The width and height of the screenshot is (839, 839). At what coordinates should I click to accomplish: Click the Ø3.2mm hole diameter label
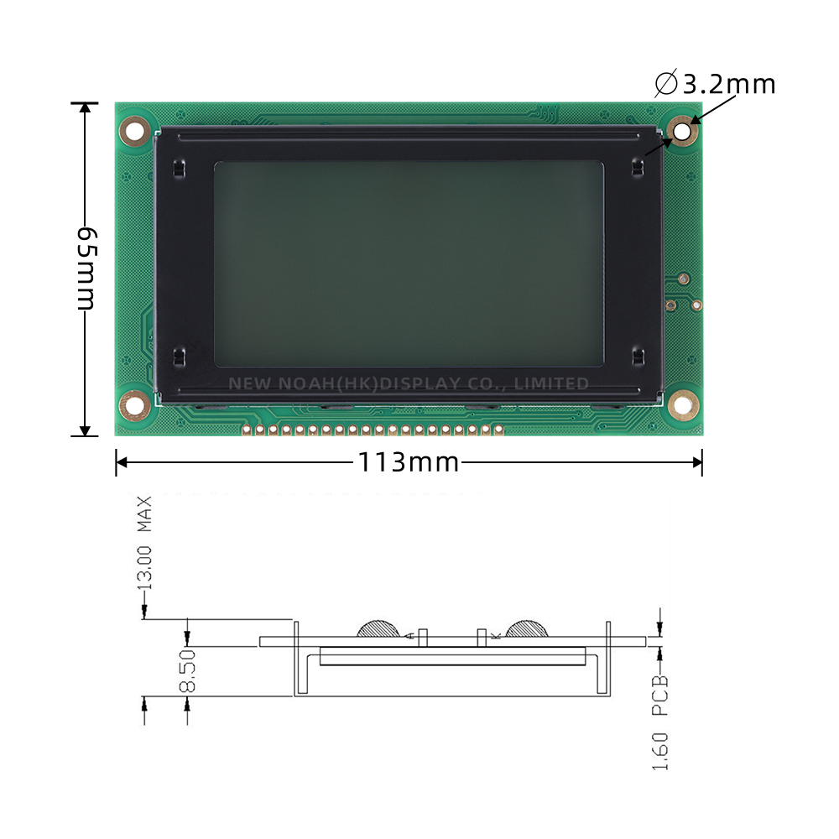(x=715, y=84)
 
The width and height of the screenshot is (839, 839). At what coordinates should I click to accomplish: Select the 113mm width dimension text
(x=409, y=461)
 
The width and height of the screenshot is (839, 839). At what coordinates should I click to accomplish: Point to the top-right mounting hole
(x=683, y=132)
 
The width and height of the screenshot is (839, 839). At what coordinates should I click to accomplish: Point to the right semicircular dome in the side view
(x=526, y=628)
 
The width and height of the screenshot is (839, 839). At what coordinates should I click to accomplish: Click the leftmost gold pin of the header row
(x=247, y=430)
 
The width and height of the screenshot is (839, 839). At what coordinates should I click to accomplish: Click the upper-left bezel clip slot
(x=177, y=169)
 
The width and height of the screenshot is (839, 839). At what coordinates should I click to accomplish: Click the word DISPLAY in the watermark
(x=420, y=383)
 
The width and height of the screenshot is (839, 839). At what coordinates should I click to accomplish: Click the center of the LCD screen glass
(x=409, y=264)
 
